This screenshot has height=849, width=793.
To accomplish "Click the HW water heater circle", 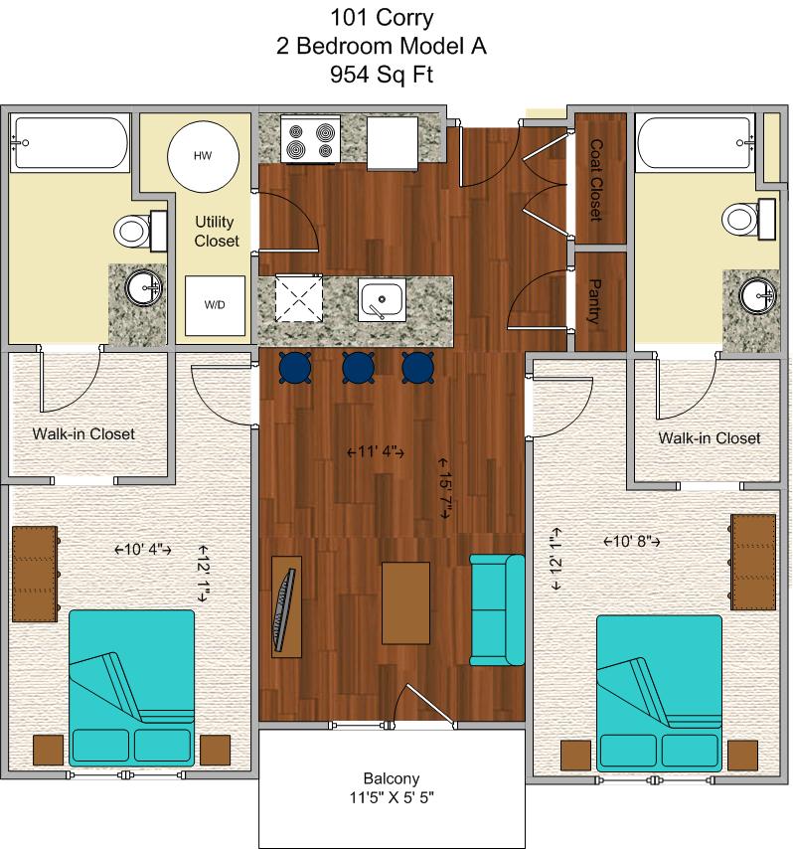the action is (203, 156).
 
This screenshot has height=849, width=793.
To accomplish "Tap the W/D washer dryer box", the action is (215, 305).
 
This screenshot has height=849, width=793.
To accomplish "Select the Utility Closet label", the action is (216, 232).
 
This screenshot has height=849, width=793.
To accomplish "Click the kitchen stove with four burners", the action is (311, 139).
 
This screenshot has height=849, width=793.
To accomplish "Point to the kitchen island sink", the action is (382, 300).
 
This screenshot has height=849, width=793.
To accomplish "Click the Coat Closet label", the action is (596, 180).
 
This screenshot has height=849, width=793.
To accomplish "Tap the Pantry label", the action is (594, 301).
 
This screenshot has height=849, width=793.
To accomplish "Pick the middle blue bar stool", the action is (359, 368).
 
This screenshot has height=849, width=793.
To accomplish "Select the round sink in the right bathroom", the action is (757, 296).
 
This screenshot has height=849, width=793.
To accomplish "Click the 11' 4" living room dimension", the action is (376, 451).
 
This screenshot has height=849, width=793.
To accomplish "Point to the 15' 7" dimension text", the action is (444, 488).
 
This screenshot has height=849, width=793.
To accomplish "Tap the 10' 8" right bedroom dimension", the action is (632, 541).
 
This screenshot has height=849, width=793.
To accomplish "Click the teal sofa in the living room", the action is (497, 609).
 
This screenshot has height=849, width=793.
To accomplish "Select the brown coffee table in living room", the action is (406, 602).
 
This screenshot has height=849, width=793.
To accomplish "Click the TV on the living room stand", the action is (285, 609).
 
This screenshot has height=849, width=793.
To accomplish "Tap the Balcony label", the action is (392, 778).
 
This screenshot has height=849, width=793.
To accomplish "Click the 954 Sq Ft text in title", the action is (382, 75).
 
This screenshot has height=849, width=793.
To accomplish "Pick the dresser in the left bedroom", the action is (35, 574).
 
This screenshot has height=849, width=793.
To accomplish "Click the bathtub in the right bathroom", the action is (696, 142).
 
